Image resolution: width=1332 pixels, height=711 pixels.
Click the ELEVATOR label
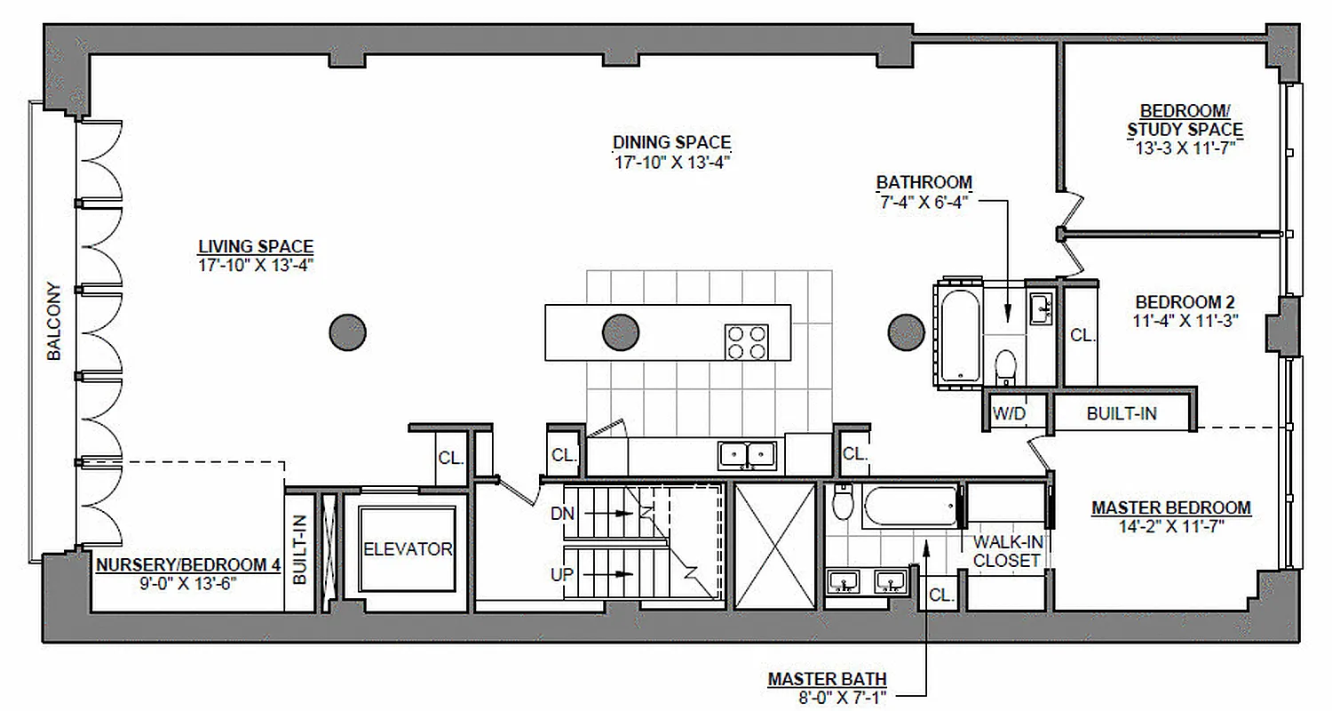coord(408,549)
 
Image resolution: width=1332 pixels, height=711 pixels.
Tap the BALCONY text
coord(54,322)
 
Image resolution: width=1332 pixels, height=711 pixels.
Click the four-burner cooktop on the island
coord(746,341)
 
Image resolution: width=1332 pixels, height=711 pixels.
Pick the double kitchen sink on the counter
coord(747,455)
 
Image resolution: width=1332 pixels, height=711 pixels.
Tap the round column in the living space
coord(348,332)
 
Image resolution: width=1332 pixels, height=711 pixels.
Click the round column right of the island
coord(907,332)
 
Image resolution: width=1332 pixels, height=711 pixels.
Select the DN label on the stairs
coord(562,514)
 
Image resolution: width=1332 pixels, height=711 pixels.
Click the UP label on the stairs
coord(562,575)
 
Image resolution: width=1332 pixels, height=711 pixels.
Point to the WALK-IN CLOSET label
coord(1006,551)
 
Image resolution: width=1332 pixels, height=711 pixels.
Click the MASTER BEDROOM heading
coord(1170,508)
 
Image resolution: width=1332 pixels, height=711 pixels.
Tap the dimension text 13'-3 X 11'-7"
coord(1185,148)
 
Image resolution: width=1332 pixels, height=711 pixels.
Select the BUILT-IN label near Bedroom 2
coord(1122,413)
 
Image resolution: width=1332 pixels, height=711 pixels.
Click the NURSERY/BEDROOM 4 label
coord(181,564)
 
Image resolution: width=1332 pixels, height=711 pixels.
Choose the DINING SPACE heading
coord(671,142)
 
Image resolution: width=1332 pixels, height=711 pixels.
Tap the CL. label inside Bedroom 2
coord(1082,336)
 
